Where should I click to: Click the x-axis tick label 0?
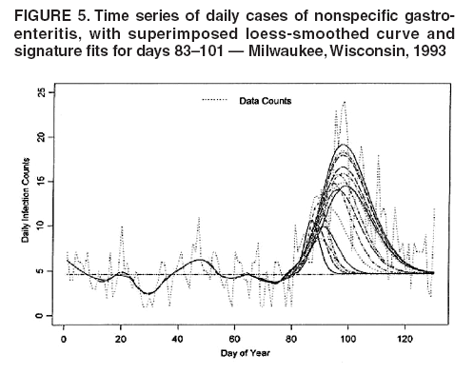tap(64, 339)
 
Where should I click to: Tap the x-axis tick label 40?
tap(178, 339)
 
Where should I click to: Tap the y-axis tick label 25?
tap(38, 93)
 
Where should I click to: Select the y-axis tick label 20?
tap(38, 137)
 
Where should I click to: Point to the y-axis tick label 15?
tap(38, 182)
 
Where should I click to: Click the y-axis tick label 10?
tap(38, 226)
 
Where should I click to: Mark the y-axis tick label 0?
tap(38, 315)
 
